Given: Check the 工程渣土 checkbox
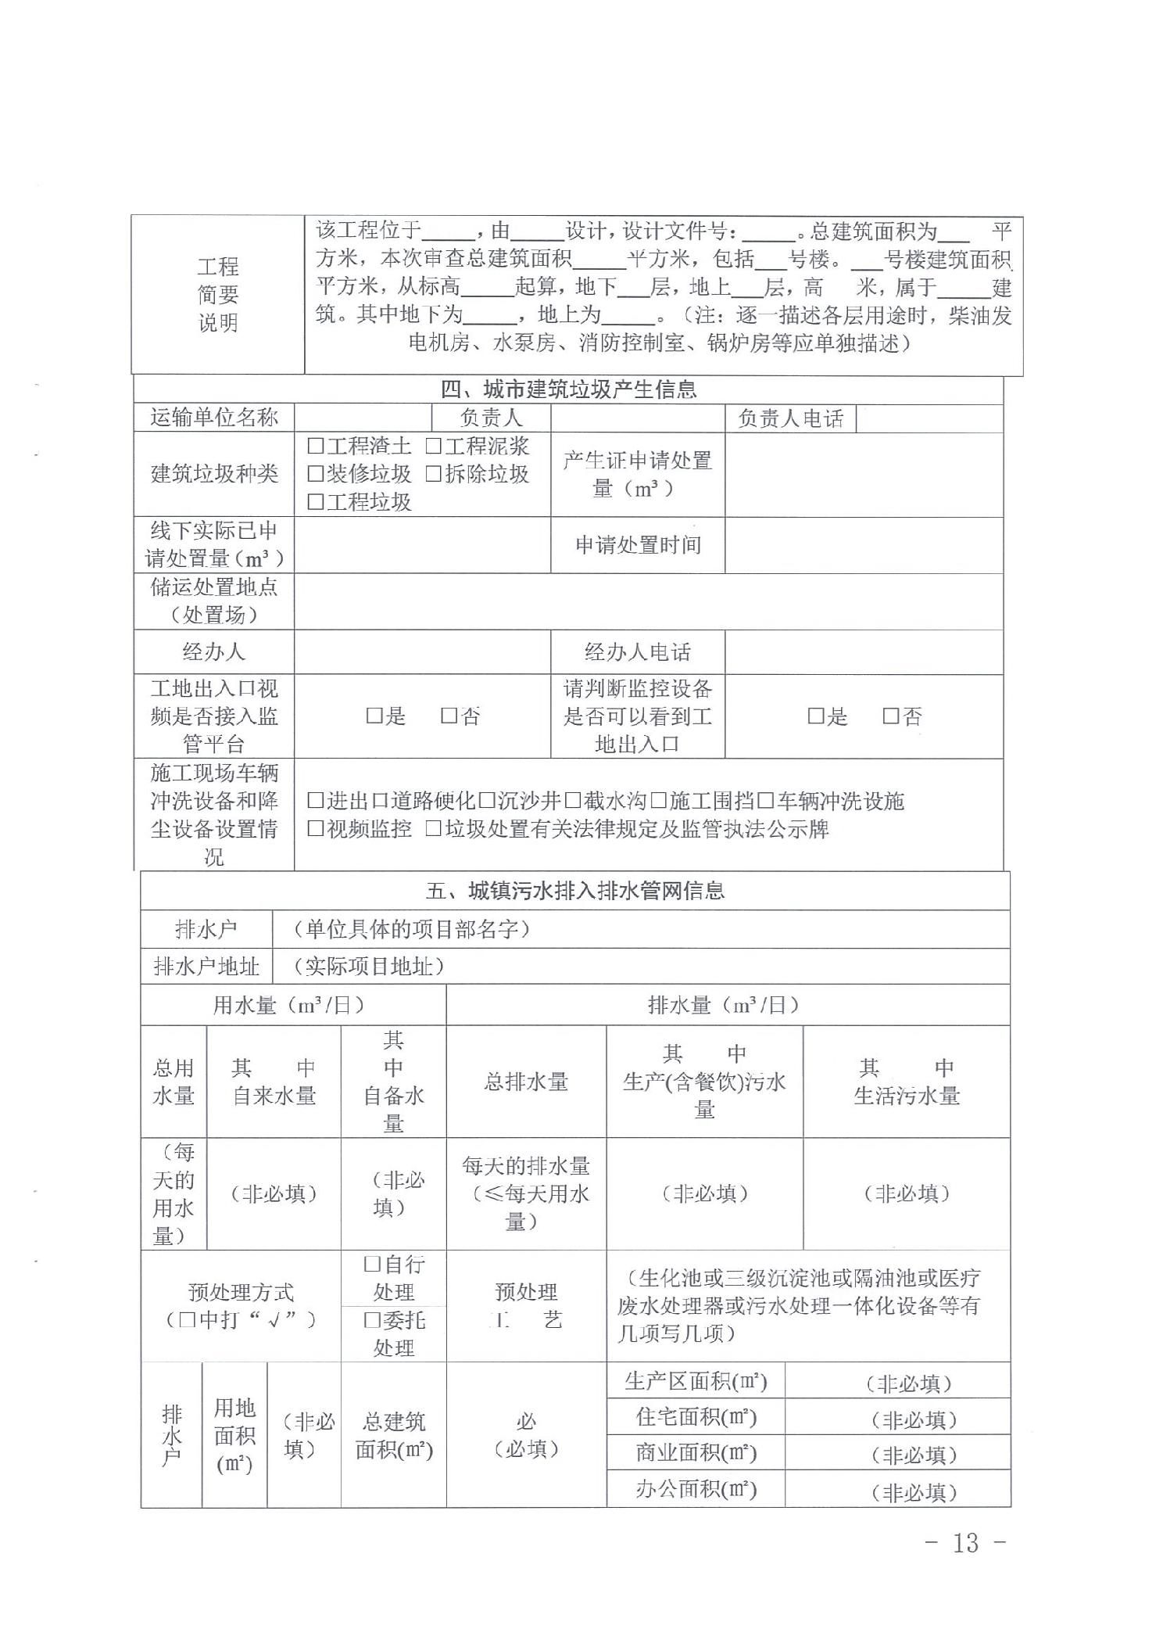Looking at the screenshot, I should coord(315,447).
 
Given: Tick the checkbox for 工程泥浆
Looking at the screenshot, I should coord(433,447).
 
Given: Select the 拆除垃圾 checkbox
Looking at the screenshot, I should coord(433,474).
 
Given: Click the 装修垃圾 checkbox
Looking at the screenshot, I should coord(315,474).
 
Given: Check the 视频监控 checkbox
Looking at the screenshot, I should coord(315,829).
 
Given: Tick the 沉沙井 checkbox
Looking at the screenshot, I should coord(486,801).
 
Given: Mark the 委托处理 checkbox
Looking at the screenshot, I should coord(372,1321).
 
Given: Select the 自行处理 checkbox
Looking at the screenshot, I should coord(372,1265).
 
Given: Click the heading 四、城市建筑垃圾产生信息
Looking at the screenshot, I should coord(568,389).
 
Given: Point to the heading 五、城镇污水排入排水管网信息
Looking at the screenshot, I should coord(575,891).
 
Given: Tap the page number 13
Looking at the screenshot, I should coord(965,1543).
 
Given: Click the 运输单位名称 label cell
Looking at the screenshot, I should coord(213,418).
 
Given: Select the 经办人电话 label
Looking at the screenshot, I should coord(637,652).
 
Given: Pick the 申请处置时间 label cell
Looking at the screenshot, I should coord(637,545).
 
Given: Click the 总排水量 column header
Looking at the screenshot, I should coord(526,1082).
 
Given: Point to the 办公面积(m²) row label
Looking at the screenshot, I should coord(696,1488).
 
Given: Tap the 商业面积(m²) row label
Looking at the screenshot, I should coord(696,1452).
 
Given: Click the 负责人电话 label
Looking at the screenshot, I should coord(790,418).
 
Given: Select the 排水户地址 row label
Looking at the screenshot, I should coord(206,967).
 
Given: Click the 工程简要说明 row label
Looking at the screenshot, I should coord(217,295).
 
